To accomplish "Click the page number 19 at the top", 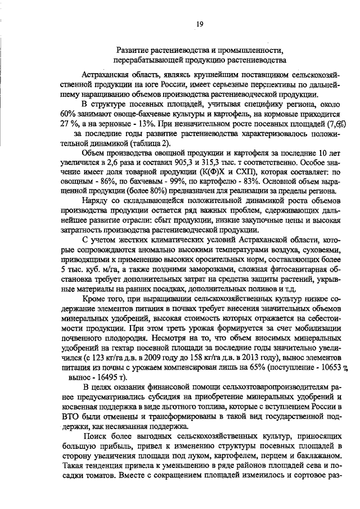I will click(200, 24).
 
